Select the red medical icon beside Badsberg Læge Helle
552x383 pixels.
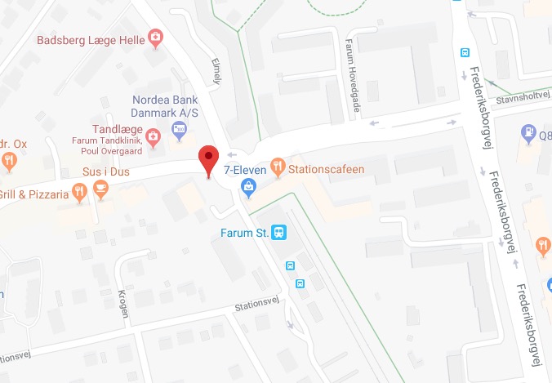coord(154,38)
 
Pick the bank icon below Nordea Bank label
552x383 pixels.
coord(179,128)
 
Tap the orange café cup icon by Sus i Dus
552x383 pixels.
coord(100,191)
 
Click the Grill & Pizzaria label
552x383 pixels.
coord(33,194)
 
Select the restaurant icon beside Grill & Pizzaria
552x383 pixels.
coord(79,193)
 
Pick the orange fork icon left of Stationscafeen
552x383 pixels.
coord(278,168)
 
